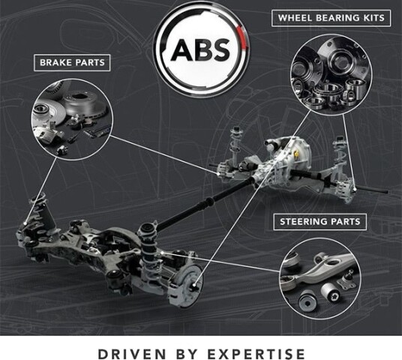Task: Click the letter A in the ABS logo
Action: (181, 49)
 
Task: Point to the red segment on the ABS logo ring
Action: (243, 37)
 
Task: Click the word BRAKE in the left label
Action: (55, 62)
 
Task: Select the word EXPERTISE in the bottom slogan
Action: (256, 354)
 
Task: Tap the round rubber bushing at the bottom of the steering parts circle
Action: (307, 302)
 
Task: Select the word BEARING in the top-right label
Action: (337, 18)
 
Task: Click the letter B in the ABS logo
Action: (202, 49)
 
